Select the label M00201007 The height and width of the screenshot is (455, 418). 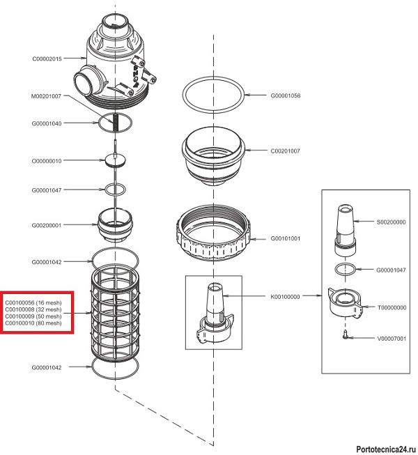[47, 96]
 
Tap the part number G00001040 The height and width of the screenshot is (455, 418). [47, 123]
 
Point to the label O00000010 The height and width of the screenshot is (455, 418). [47, 161]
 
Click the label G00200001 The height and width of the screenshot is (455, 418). [47, 225]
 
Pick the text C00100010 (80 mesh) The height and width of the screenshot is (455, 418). [34, 324]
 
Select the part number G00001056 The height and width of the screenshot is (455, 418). [286, 95]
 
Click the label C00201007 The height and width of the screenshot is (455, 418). [286, 151]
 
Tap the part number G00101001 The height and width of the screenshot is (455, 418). [286, 238]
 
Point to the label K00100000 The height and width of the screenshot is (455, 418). [286, 296]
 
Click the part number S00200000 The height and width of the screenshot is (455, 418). [391, 222]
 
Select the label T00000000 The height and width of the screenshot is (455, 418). [391, 307]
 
